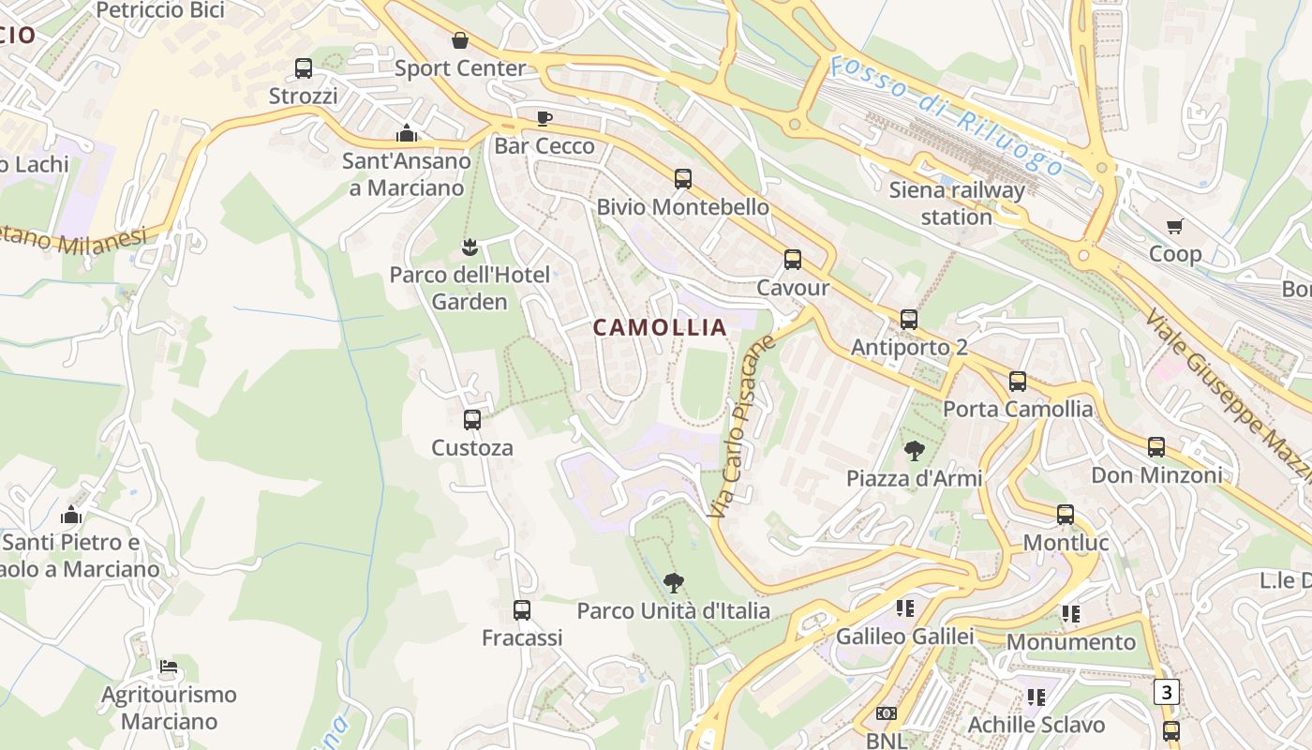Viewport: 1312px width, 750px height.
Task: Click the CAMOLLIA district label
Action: click(x=660, y=327)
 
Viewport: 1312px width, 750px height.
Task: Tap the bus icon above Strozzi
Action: click(x=303, y=68)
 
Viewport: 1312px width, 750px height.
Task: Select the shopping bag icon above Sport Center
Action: click(x=460, y=40)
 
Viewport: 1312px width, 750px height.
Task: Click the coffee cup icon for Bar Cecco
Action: click(x=544, y=118)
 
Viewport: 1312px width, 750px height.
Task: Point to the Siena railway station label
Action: click(x=957, y=203)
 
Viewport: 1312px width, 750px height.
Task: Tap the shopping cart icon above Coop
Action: click(x=1175, y=226)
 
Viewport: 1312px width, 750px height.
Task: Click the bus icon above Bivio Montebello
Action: click(x=683, y=179)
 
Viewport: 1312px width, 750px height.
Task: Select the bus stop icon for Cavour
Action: click(x=793, y=260)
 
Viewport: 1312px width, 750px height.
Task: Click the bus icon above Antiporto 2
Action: click(x=908, y=320)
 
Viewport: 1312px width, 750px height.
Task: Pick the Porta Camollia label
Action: click(x=1017, y=409)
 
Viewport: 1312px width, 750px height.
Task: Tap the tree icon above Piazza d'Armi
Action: click(x=914, y=451)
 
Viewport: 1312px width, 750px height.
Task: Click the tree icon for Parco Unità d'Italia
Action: click(x=673, y=583)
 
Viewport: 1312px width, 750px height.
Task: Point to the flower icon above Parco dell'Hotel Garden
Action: click(x=470, y=247)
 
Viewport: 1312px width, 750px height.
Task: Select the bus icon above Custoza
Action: click(x=472, y=420)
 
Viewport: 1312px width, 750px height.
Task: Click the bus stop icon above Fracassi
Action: click(x=522, y=610)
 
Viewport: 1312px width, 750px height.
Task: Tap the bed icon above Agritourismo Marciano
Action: click(x=169, y=667)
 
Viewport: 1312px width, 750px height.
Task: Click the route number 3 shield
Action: click(x=1166, y=693)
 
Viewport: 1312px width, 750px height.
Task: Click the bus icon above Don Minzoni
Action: click(x=1156, y=447)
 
